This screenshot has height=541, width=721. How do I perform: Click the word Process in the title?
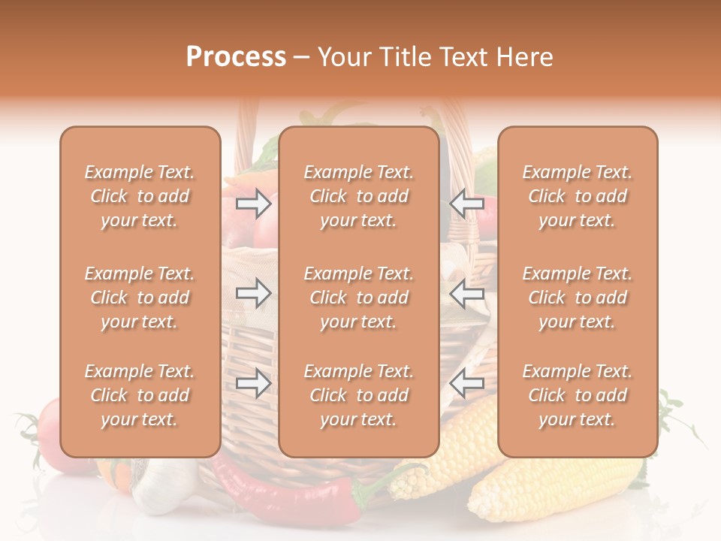tap(236, 57)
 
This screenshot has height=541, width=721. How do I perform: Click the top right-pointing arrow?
tap(254, 204)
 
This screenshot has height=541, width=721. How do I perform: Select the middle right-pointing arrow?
tap(254, 293)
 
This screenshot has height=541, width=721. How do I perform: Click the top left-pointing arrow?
tap(467, 204)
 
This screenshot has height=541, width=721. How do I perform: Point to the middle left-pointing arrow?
tap(467, 293)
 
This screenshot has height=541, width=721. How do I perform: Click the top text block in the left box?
tap(140, 196)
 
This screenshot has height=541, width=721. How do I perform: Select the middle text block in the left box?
tap(140, 298)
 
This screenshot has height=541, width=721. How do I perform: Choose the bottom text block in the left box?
tap(140, 395)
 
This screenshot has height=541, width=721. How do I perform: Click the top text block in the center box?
tap(359, 196)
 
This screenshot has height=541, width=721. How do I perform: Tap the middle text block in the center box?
tap(359, 298)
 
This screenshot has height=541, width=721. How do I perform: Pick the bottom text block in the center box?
tap(359, 395)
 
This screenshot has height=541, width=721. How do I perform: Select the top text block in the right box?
tap(578, 196)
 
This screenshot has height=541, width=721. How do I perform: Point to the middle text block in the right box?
tap(578, 298)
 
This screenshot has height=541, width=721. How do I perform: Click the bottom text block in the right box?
tap(578, 395)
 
